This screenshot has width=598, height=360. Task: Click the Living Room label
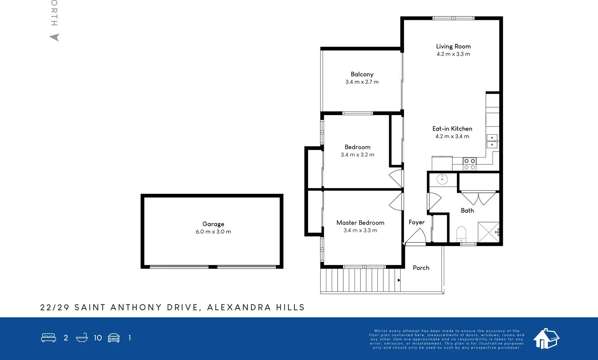tap(453, 46)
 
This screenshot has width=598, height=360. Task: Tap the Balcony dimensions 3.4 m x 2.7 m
tap(362, 82)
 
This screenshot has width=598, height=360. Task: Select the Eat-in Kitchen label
tap(452, 129)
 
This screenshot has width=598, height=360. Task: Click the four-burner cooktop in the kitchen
tap(469, 164)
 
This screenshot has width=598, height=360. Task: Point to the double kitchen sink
tap(492, 141)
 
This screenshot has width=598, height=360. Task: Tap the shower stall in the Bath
tap(488, 232)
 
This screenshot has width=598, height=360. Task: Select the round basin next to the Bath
tap(442, 179)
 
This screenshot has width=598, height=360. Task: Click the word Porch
tap(421, 268)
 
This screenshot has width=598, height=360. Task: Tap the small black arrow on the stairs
tap(399, 280)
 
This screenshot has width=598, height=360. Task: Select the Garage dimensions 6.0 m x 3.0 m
tap(213, 232)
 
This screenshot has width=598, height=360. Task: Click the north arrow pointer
tap(55, 37)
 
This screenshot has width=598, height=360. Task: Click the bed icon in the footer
tap(48, 338)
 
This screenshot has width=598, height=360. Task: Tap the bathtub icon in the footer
tap(82, 338)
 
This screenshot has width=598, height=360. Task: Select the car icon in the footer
tap(114, 338)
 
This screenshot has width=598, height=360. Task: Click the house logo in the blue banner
tap(546, 338)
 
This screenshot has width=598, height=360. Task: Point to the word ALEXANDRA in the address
tap(239, 307)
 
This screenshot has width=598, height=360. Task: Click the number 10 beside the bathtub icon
tap(98, 338)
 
